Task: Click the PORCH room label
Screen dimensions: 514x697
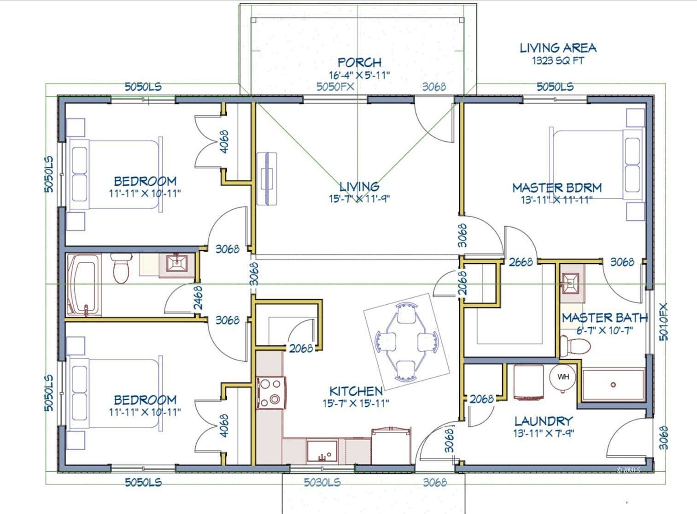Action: coord(359,62)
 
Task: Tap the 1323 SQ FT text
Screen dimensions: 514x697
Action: coord(558,60)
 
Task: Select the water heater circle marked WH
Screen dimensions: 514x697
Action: coord(563,377)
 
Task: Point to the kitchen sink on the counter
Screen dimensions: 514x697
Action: coord(322,451)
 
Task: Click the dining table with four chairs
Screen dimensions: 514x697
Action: coord(407,342)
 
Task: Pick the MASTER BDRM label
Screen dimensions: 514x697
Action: coord(557,188)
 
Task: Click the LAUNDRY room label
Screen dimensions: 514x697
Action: coord(544,421)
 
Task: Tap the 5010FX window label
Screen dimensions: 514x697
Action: coord(663,321)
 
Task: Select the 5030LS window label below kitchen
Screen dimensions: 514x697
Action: coord(322,482)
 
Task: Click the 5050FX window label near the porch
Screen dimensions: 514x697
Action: coord(335,86)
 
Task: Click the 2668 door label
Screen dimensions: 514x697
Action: coord(521,262)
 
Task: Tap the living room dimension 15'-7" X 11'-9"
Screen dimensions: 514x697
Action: coord(359,199)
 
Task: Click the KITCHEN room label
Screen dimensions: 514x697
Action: coord(356,391)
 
